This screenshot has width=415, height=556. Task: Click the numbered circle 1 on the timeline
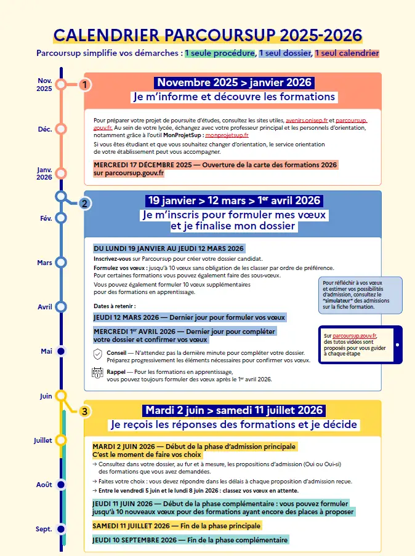[x=86, y=84]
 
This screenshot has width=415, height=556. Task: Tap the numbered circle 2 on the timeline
[x=86, y=204]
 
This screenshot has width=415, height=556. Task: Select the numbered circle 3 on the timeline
[x=86, y=411]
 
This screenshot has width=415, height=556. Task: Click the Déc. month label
[x=45, y=129]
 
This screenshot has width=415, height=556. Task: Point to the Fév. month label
[x=46, y=218]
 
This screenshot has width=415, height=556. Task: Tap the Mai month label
[x=47, y=351]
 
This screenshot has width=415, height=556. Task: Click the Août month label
[x=44, y=485]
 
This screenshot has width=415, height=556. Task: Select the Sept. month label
[x=44, y=529]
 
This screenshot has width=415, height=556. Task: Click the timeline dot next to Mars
[x=61, y=262]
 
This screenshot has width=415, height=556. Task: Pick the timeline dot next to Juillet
[x=61, y=440]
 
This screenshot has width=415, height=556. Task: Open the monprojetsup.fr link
[x=227, y=135]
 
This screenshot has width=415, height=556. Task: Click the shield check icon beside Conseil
[x=97, y=354]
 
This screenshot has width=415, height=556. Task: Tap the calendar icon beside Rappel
[x=97, y=373]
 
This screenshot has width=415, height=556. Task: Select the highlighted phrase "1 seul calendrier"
[x=347, y=54]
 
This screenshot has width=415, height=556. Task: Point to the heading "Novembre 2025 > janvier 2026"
[x=234, y=83]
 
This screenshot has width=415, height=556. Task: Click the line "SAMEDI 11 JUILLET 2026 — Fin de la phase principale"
[x=177, y=526]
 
